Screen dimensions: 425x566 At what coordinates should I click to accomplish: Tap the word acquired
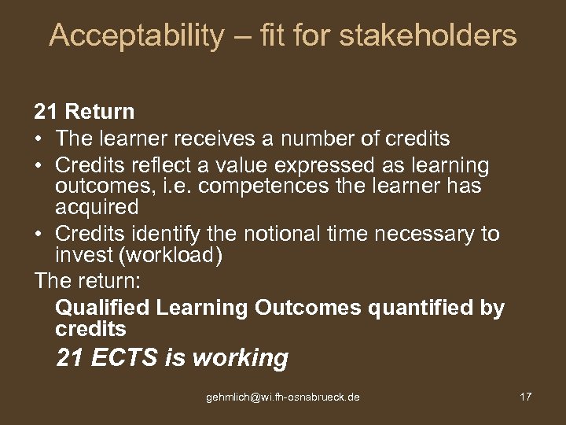[97, 208]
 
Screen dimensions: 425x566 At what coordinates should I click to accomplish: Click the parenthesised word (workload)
[156, 256]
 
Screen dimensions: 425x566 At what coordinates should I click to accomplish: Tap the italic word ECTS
[125, 358]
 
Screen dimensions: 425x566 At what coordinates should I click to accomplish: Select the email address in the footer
[283, 397]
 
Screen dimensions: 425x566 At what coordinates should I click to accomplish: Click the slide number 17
[526, 397]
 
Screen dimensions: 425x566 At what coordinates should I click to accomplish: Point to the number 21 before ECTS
[70, 358]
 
